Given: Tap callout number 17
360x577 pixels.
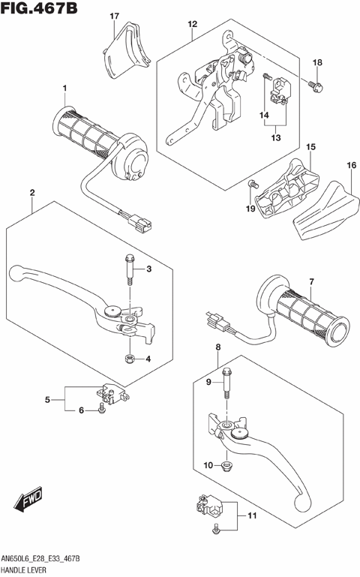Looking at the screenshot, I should (114, 16).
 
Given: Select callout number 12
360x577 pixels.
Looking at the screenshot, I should (192, 24).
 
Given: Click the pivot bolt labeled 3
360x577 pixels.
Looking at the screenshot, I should (130, 269).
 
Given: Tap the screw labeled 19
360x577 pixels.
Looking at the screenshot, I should (253, 183).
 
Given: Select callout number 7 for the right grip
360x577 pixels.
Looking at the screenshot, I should (310, 281).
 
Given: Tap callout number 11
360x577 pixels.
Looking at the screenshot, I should (251, 515).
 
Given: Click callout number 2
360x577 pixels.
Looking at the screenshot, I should (32, 194).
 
